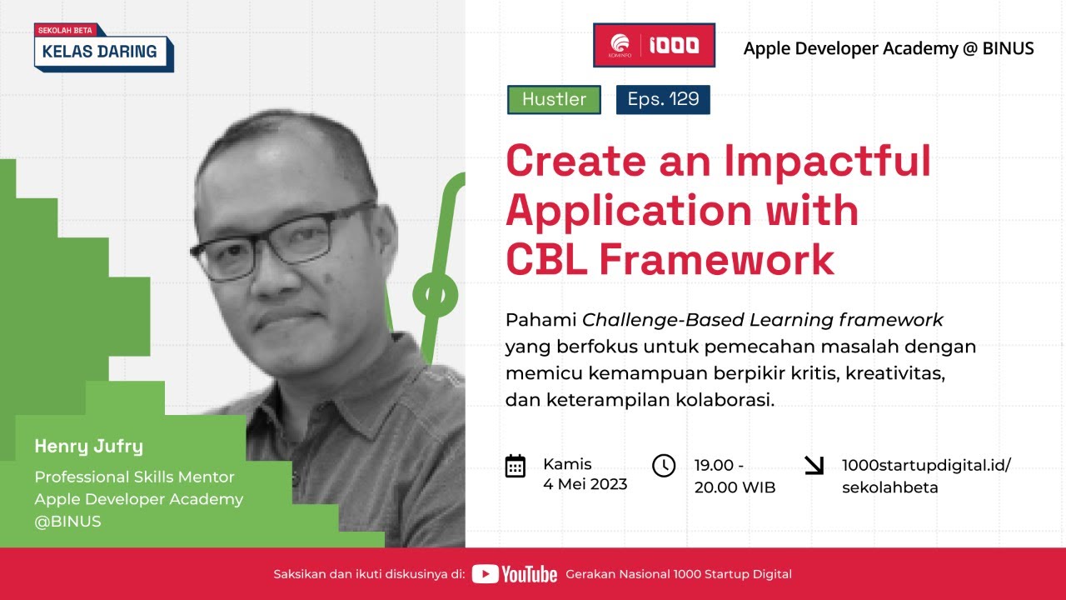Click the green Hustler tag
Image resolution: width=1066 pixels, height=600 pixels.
pyautogui.click(x=554, y=100)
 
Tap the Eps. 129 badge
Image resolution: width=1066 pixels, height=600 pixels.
pyautogui.click(x=663, y=100)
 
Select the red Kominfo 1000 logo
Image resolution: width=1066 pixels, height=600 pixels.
pyautogui.click(x=654, y=45)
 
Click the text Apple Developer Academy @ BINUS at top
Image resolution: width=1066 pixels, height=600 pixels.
pyautogui.click(x=889, y=48)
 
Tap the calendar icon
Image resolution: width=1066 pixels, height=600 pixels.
pyautogui.click(x=516, y=466)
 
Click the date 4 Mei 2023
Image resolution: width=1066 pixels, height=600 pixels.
pyautogui.click(x=585, y=484)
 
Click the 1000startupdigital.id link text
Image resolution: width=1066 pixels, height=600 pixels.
pyautogui.click(x=926, y=465)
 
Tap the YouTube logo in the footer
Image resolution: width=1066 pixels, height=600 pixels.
pyautogui.click(x=515, y=574)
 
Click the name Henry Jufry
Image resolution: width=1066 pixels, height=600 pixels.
pyautogui.click(x=88, y=447)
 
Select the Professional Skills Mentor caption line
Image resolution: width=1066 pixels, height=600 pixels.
pyautogui.click(x=134, y=477)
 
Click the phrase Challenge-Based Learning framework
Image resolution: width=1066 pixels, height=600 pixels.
pyautogui.click(x=762, y=320)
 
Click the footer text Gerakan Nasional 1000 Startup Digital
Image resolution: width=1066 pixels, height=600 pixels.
pyautogui.click(x=678, y=574)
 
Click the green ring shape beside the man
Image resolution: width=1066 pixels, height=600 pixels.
pyautogui.click(x=436, y=294)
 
